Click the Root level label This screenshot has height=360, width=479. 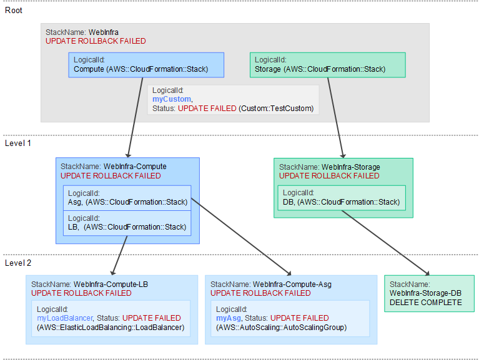click(14, 10)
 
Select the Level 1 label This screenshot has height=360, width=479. click(17, 143)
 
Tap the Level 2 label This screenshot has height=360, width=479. click(17, 263)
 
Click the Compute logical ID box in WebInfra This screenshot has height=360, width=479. click(146, 65)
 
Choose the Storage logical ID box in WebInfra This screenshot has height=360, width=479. click(327, 65)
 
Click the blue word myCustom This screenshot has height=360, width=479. click(172, 99)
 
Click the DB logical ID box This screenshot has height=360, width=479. click(340, 198)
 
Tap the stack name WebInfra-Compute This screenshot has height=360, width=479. click(135, 167)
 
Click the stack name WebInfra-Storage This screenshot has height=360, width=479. click(350, 167)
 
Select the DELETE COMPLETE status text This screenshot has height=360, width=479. click(425, 303)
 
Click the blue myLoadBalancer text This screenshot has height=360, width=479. click(65, 318)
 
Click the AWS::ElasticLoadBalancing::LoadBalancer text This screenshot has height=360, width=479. click(111, 328)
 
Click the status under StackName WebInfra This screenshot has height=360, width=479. click(96, 41)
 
